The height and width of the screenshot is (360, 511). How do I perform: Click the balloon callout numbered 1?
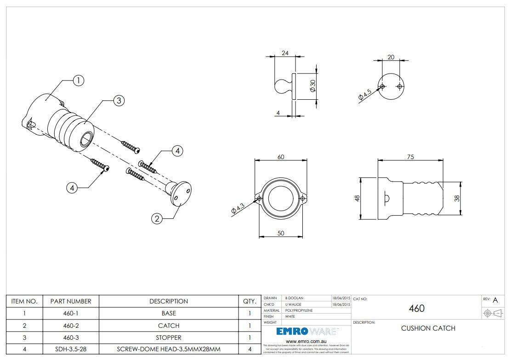(x=79, y=80)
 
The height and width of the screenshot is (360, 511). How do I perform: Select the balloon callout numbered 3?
(x=119, y=101)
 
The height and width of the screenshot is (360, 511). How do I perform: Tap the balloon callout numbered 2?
(x=157, y=219)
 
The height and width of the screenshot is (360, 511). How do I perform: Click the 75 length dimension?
(x=410, y=157)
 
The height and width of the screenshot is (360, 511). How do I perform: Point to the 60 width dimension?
(x=281, y=157)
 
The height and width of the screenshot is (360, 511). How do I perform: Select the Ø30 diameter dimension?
(x=312, y=86)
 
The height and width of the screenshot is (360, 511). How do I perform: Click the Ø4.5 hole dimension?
(x=366, y=95)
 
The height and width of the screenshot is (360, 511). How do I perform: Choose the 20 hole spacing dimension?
(x=391, y=57)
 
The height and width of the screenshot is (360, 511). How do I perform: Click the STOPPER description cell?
(x=169, y=337)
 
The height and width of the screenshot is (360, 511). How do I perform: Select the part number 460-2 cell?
(x=71, y=326)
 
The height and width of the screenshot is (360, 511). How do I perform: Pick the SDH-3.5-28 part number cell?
(x=71, y=349)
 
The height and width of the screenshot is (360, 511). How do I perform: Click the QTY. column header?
(x=250, y=302)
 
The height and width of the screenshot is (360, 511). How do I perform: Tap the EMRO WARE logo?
(x=306, y=331)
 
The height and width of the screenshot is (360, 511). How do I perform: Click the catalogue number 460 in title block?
(x=416, y=308)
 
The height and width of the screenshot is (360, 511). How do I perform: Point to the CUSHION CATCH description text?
(x=428, y=328)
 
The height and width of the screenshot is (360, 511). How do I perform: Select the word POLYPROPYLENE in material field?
(x=299, y=310)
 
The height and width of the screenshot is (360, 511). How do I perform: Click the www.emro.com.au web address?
(x=306, y=342)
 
